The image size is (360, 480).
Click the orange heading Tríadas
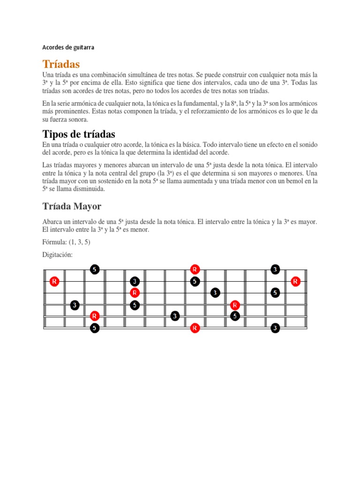tap(61, 64)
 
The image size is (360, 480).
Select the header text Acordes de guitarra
tap(68, 47)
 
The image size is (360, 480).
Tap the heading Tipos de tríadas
tap(79, 134)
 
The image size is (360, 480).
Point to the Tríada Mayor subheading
tap(72, 206)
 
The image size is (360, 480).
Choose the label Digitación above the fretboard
tap(57, 255)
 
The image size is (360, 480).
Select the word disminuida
tap(88, 189)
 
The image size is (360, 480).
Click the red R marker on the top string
tap(195, 270)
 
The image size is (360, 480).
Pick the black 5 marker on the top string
tap(95, 270)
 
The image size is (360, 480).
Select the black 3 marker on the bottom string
tap(275, 328)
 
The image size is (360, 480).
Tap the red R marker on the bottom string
tap(195, 328)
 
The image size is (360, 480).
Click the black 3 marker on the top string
tap(275, 270)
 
